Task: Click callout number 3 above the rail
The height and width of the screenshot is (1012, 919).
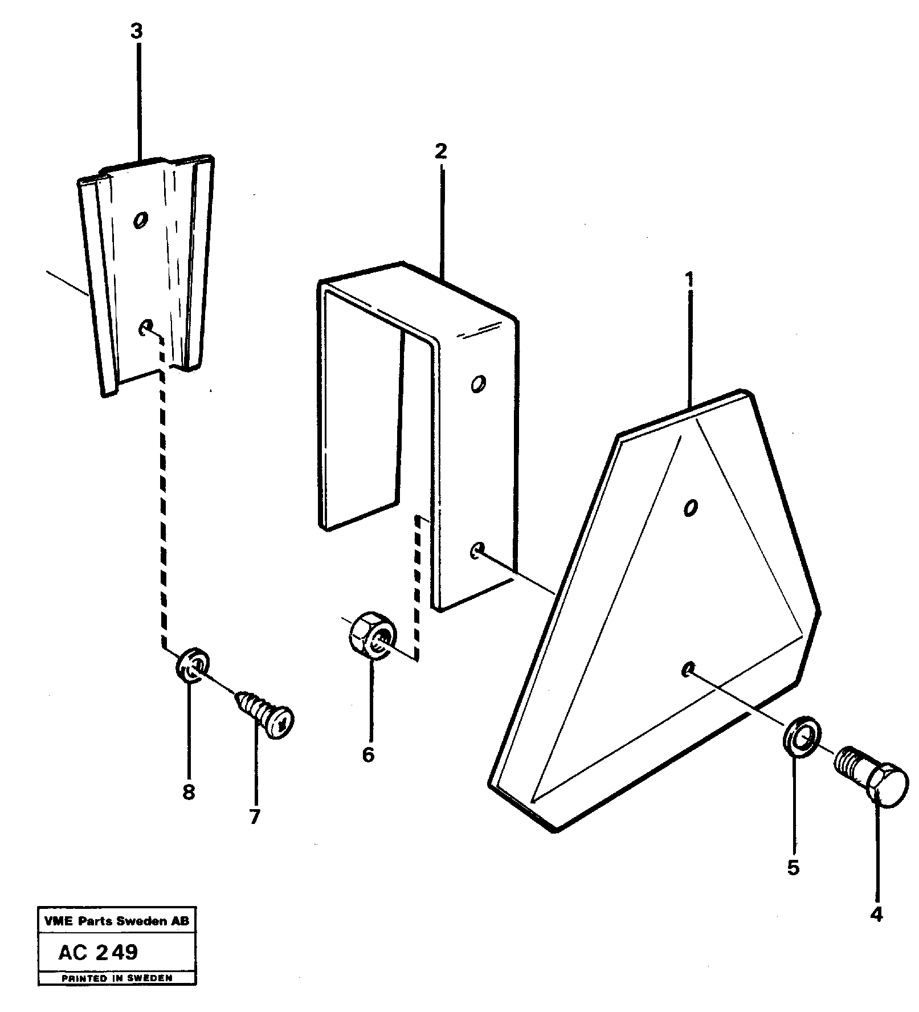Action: [x=136, y=32]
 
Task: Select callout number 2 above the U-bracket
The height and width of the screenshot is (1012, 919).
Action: [x=440, y=152]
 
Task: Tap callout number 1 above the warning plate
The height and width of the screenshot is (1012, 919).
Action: [x=689, y=280]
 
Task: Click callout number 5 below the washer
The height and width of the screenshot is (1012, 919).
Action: [x=793, y=868]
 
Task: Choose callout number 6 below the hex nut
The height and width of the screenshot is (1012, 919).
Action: [x=368, y=755]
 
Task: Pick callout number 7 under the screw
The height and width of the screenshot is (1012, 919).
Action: [x=254, y=817]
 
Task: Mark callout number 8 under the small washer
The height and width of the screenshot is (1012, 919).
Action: [x=189, y=792]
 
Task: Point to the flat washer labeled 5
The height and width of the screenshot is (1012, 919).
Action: [x=801, y=740]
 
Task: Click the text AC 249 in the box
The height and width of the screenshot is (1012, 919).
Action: [x=98, y=952]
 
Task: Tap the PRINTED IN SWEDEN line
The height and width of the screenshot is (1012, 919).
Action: [x=117, y=978]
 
